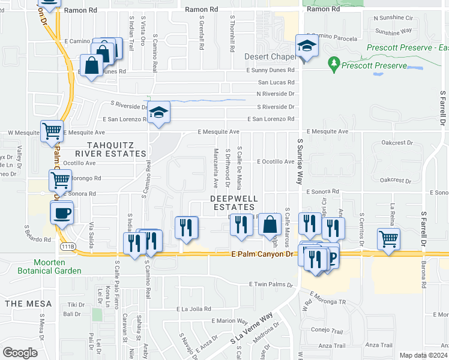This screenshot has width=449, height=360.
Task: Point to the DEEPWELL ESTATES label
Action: point(234,202)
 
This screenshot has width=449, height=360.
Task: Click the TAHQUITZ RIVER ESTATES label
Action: point(109,149)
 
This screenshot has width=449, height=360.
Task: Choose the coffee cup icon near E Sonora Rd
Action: point(62,214)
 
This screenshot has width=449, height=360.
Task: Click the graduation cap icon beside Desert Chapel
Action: point(307,46)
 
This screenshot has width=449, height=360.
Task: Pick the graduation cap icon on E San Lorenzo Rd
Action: point(159,112)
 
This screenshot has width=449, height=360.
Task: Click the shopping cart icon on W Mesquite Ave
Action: point(52,130)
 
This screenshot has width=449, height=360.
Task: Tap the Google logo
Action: point(20,352)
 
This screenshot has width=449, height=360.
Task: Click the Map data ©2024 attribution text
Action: point(423,355)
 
